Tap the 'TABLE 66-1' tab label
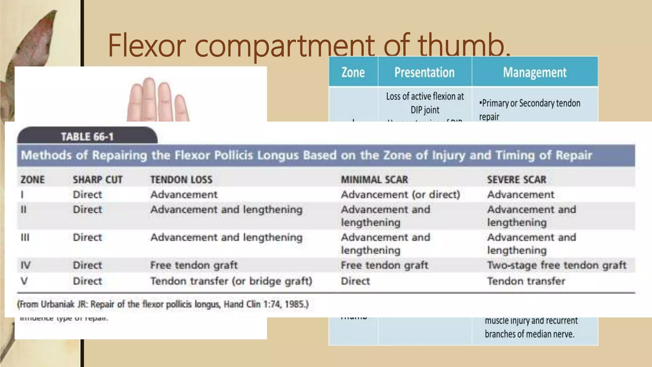pyautogui.click(x=87, y=137)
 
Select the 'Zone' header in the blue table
pyautogui.click(x=353, y=72)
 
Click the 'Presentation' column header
pyautogui.click(x=424, y=72)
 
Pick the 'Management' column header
pyautogui.click(x=535, y=72)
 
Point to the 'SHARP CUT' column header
pyautogui.click(x=97, y=180)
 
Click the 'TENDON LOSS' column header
pyautogui.click(x=181, y=180)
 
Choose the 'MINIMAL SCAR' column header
pyautogui.click(x=374, y=180)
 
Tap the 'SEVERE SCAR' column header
pyautogui.click(x=516, y=180)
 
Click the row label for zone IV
pyautogui.click(x=25, y=265)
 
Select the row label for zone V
pyautogui.click(x=24, y=281)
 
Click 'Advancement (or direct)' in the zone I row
pyautogui.click(x=400, y=195)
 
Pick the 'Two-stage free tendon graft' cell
pyautogui.click(x=556, y=265)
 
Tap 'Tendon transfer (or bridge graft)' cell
pyautogui.click(x=231, y=281)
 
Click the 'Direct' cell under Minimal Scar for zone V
pyautogui.click(x=355, y=281)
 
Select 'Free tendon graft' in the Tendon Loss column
pyautogui.click(x=194, y=265)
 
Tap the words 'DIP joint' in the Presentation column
pyautogui.click(x=425, y=110)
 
